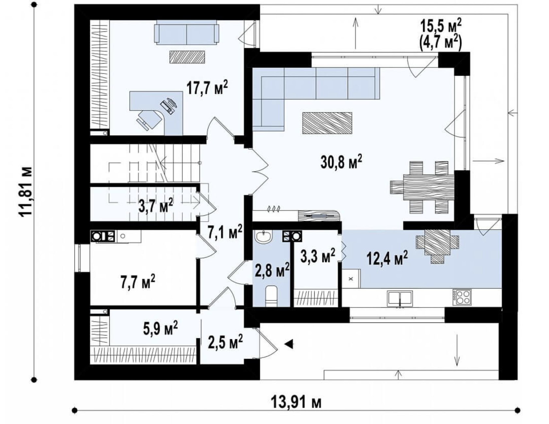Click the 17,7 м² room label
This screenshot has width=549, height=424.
coord(207,88)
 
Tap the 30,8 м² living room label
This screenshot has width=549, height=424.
coord(341,162)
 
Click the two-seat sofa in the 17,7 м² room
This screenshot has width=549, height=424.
coord(186,32)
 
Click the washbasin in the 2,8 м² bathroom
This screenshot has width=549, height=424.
coord(264,237)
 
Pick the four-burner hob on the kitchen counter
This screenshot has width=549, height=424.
coord(462,297)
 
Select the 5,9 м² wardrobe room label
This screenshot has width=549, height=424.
coord(160,328)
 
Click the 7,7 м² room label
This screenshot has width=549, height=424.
coord(138,282)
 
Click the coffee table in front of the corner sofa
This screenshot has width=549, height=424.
coord(327,123)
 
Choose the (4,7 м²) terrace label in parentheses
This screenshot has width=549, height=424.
coord(440,43)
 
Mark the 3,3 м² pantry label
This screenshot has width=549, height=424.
coord(318,256)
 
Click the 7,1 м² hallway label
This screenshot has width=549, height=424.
coord(225,231)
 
